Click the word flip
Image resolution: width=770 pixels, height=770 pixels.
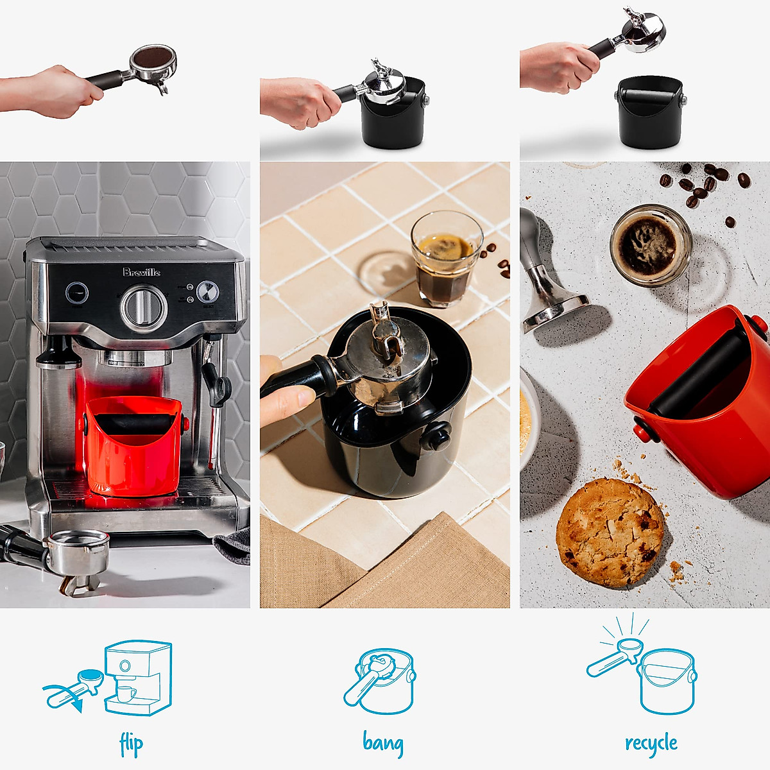click(x=132, y=745)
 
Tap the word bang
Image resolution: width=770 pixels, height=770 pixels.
click(x=383, y=743)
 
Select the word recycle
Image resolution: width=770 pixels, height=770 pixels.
click(x=651, y=744)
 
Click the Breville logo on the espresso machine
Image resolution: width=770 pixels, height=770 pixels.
click(x=142, y=272)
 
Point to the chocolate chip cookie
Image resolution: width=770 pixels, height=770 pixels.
click(x=609, y=533)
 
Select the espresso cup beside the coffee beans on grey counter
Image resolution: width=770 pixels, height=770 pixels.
click(x=651, y=245)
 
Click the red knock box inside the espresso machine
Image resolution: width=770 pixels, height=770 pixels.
click(x=133, y=445)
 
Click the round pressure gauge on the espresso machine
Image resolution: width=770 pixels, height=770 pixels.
click(x=207, y=292)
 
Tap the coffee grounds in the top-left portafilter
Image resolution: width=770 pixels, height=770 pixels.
click(x=153, y=58)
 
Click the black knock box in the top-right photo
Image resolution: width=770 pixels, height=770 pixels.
click(x=649, y=112)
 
